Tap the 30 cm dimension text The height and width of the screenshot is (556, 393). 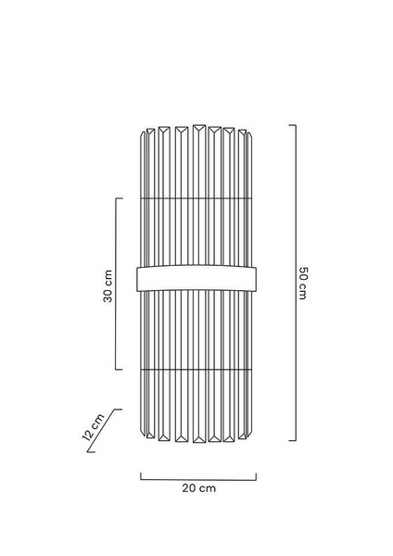coord(108,286)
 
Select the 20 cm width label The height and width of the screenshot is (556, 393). coord(198,488)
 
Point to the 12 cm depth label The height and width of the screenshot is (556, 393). coord(93,426)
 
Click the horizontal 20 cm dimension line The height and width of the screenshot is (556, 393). coord(198,480)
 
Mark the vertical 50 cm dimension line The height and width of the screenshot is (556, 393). coord(296,283)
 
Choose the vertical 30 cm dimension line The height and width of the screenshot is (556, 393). coord(116,284)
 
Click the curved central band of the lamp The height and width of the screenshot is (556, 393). coord(196,278)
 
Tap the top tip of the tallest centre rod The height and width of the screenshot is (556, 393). coord(199,124)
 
